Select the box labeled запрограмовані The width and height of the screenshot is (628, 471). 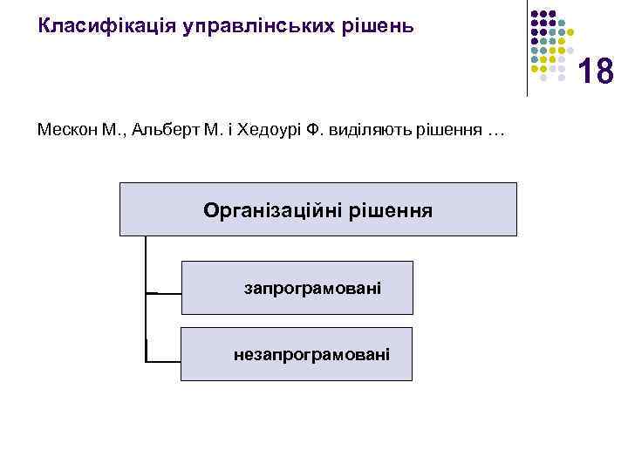pyautogui.click(x=297, y=287)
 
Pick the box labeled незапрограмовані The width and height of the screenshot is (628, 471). pyautogui.click(x=297, y=354)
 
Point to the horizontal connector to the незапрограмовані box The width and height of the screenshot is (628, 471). pyautogui.click(x=164, y=359)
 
